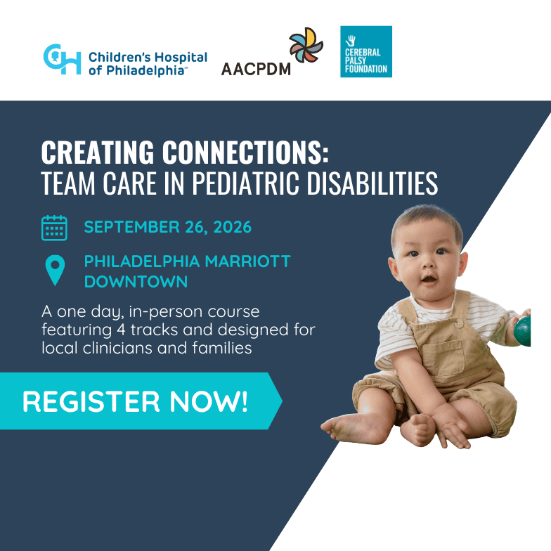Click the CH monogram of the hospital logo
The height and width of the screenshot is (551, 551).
pos(62,59)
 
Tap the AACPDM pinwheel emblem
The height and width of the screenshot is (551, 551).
pos(306,45)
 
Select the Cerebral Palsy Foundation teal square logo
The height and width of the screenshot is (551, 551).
pos(365,51)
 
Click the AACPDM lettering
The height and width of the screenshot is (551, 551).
pos(256,69)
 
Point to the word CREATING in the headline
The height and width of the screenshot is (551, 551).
pos(97,152)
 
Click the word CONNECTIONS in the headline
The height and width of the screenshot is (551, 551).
pos(245,152)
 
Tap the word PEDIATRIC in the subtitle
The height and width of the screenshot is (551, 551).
pos(245,183)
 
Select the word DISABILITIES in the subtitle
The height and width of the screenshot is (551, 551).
pos(372,183)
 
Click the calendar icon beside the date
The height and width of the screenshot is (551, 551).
pos(54,228)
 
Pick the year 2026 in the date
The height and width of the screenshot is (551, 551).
pos(232,227)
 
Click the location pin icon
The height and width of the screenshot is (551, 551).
pos(55,270)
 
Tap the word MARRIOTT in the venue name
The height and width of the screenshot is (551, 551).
pos(247,261)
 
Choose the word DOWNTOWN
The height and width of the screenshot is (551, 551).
pos(136,282)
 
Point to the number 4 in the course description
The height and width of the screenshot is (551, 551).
pos(121,330)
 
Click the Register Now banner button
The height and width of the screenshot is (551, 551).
pos(141,401)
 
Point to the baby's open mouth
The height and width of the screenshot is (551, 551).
pos(429,280)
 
